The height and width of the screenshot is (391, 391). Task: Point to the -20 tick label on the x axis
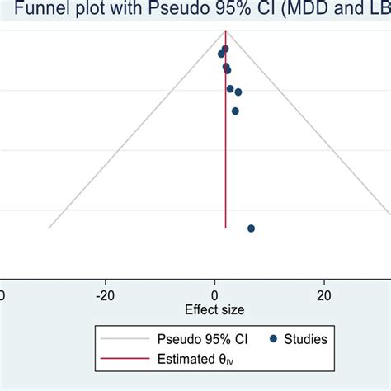pyautogui.click(x=105, y=295)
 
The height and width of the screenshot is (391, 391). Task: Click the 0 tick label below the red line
pyautogui.click(x=215, y=295)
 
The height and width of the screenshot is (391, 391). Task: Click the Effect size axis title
pyautogui.click(x=214, y=310)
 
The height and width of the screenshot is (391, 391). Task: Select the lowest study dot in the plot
pyautogui.click(x=251, y=228)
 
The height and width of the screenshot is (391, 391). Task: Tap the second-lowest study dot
pyautogui.click(x=235, y=111)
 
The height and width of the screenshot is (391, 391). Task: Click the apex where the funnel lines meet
pyautogui.click(x=225, y=31)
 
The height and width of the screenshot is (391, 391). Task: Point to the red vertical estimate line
pyautogui.click(x=225, y=165)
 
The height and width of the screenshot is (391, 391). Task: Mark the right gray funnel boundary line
pyautogui.click(x=313, y=132)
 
